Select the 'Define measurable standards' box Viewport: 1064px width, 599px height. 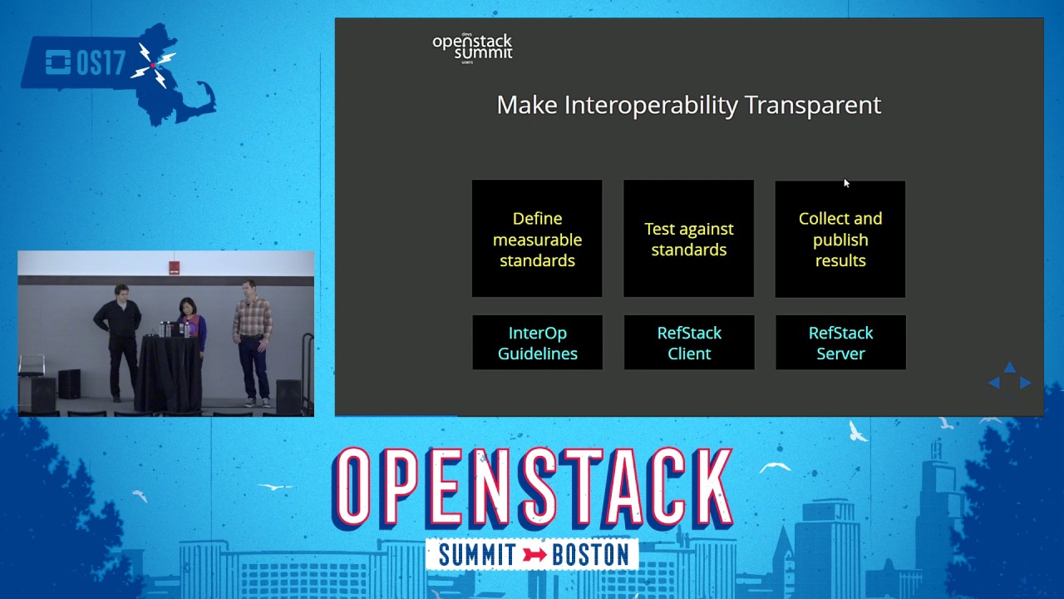(537, 239)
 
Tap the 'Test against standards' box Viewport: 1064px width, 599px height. (688, 239)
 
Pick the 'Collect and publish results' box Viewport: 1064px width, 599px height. (840, 239)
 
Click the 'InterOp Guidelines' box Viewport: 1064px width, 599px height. (537, 343)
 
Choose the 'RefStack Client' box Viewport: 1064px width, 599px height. (688, 343)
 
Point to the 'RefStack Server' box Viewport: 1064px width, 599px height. (840, 343)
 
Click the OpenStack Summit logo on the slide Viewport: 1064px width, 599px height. (472, 47)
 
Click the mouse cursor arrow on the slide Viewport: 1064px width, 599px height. (846, 183)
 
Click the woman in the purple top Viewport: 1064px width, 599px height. (191, 324)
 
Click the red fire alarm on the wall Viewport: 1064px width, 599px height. (174, 267)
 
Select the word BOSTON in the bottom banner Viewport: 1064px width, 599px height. (590, 555)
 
